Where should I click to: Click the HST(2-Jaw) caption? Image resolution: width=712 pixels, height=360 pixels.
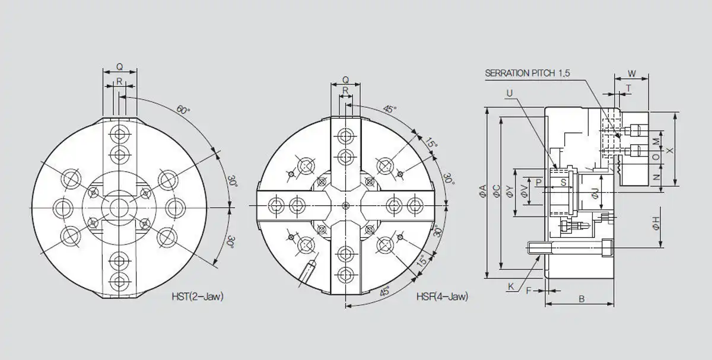point(198,297)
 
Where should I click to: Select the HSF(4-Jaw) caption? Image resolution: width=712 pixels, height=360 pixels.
point(442,297)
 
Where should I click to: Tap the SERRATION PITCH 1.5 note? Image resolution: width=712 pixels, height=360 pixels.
point(527,73)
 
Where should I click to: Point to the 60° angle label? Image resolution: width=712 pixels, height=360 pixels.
point(183,110)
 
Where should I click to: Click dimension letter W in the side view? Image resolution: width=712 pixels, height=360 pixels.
point(631,74)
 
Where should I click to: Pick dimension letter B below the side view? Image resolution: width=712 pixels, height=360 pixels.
point(581,299)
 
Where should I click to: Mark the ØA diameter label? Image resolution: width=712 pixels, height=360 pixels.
point(483,191)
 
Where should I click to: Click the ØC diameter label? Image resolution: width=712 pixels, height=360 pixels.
point(496,191)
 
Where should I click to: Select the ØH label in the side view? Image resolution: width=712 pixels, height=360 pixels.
point(656,223)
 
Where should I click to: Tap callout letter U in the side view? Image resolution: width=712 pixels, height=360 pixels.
point(509,93)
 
